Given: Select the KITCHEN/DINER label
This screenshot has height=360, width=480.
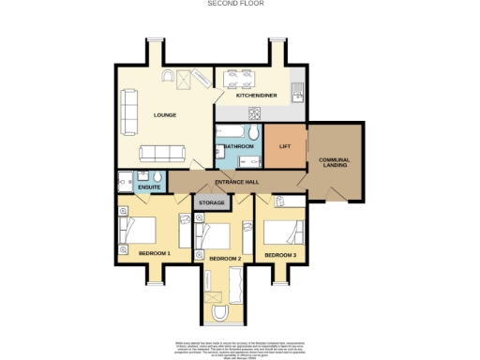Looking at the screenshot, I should pos(254,96).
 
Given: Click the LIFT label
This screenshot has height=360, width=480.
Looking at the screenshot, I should pos(286,146).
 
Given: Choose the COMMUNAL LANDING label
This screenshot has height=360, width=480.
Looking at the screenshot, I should pos(334,164).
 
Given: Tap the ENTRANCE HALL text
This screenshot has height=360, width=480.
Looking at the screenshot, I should pos(236,181).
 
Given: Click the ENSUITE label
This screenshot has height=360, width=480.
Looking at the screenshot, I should pos(148,187).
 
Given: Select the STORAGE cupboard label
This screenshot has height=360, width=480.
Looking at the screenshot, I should pos(211,202).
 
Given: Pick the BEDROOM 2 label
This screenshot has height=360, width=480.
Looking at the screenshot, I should pos(225,258).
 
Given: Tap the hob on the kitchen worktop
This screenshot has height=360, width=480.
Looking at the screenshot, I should pos(253,112).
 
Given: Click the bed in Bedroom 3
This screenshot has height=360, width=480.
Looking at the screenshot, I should pos(287,231).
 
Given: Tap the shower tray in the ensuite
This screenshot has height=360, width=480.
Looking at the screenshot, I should pos(126,182).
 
